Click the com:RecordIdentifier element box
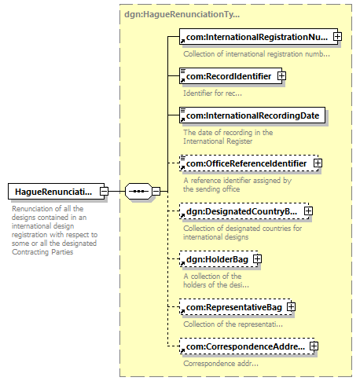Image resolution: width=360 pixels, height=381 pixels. click(230, 76)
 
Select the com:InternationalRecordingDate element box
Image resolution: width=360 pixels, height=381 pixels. click(252, 115)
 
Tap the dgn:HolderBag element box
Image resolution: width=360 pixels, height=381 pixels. click(219, 259)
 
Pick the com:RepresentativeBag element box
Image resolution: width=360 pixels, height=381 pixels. click(235, 307)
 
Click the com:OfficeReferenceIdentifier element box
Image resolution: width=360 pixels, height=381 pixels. click(249, 163)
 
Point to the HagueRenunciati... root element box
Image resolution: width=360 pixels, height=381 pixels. click(56, 192)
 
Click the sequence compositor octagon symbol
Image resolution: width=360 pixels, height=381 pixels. click(138, 192)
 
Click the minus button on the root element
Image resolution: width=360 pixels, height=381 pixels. click(104, 192)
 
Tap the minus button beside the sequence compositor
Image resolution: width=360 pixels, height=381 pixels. click(156, 192)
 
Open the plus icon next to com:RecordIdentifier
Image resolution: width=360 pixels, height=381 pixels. click(281, 76)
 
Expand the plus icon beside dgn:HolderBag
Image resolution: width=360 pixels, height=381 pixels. click(258, 259)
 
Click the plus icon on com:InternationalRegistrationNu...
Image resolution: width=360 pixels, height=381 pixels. click(337, 37)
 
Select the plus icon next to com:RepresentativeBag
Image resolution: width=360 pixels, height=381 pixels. click(291, 307)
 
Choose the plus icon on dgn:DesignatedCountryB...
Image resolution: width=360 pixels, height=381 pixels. click(308, 211)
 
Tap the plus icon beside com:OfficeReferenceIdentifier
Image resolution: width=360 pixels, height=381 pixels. click(318, 163)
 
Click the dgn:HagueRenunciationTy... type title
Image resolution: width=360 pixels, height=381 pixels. click(182, 14)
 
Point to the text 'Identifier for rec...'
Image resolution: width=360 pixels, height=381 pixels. click(212, 93)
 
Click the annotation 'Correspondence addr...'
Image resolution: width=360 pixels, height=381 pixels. click(221, 364)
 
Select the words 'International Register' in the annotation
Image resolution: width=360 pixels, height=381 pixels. click(218, 141)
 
